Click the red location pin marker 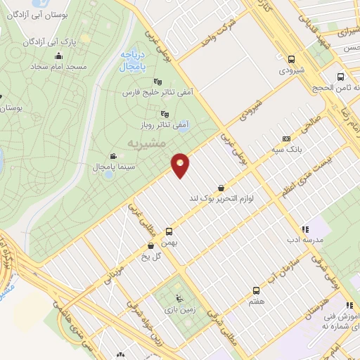181,165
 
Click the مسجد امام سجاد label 58,67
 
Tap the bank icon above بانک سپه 285,139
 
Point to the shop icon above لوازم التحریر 222,188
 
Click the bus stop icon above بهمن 169,231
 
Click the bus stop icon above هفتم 256,290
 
